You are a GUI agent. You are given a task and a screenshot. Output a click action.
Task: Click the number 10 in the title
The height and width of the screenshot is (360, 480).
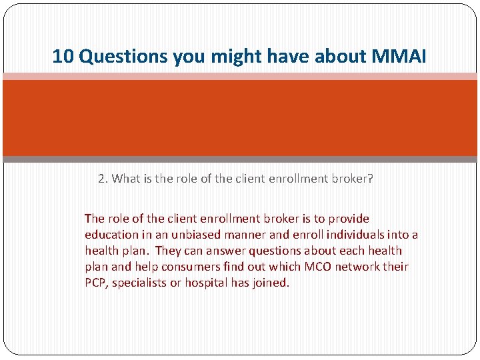[x=63, y=57]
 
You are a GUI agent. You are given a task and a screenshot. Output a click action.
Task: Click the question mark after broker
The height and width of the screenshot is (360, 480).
[x=370, y=179]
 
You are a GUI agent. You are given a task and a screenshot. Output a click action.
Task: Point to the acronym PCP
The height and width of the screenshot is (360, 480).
[x=95, y=283]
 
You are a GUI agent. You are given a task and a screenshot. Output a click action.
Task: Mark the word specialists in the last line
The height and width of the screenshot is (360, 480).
[x=141, y=283]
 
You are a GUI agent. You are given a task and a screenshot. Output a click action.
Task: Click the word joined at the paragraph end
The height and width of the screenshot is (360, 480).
[x=271, y=283]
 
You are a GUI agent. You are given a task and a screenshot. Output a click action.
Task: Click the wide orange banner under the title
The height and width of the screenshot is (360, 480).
[x=240, y=118]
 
